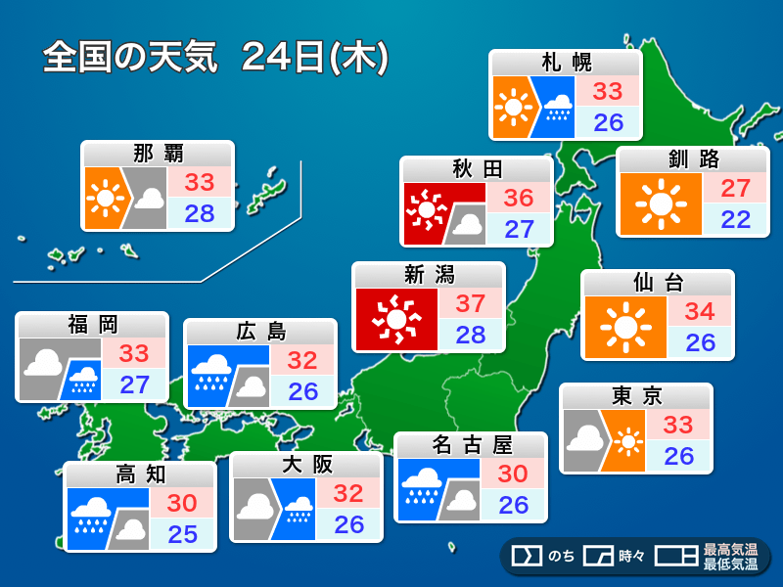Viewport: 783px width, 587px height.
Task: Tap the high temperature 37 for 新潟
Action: [470, 304]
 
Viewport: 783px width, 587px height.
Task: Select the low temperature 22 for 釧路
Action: [734, 219]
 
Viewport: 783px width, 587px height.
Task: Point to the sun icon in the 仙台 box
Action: [623, 328]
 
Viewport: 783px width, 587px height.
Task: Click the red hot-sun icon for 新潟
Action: [396, 319]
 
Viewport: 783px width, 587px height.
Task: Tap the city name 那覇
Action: [158, 154]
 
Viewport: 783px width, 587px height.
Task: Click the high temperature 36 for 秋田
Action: [519, 199]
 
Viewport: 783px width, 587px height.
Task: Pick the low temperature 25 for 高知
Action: [182, 534]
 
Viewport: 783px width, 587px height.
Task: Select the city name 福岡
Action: [92, 325]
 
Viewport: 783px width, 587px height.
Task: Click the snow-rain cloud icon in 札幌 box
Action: [558, 106]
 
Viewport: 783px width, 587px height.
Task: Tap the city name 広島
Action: [260, 332]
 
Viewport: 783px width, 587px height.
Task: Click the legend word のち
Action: [561, 557]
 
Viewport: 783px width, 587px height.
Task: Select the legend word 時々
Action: [631, 557]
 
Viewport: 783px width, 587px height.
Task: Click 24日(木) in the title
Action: [314, 57]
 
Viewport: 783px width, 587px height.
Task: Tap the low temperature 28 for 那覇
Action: [200, 213]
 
